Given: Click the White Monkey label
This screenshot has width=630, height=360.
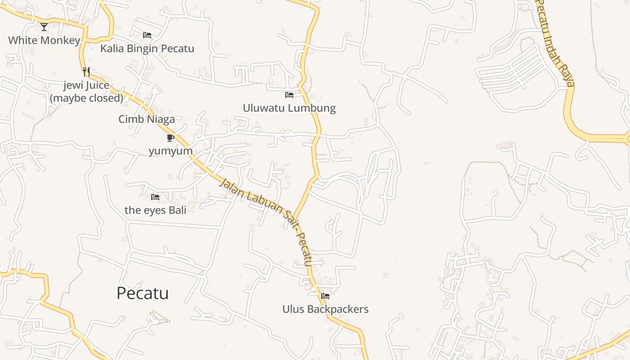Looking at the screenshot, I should coord(44,40).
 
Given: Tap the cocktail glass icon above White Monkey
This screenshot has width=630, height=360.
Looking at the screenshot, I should coord(44,27).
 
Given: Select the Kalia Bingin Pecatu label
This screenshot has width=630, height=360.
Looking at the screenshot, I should coord(147,49).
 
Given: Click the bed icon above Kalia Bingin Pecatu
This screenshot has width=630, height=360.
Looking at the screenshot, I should coord(147,35).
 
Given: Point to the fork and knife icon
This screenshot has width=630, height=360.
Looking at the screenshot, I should coord(86,72).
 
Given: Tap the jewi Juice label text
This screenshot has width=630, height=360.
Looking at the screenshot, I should coord(86,85).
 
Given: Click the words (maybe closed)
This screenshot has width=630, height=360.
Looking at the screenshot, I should coord(86,98).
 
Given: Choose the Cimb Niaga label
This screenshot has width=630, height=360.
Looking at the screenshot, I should coord(147,119).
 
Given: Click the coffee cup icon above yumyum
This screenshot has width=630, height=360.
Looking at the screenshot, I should coord(171,138).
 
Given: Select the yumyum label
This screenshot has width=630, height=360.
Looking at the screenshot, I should coord(171,151).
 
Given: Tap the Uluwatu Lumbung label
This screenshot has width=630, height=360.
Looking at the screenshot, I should coord(289,108).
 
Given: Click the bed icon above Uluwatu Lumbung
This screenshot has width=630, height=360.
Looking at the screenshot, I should coord(289,95).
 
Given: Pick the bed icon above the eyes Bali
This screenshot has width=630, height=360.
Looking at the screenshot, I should coord(155,197).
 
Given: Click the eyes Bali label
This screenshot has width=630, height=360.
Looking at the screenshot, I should coord(155,210).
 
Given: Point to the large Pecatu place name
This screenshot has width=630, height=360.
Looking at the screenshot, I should coord(143,293).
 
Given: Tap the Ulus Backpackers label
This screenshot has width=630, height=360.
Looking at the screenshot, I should coord(325,309).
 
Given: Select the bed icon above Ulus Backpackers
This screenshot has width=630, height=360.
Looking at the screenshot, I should coord(325,296).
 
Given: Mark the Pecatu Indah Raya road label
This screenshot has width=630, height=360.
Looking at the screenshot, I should coord(557,43).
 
